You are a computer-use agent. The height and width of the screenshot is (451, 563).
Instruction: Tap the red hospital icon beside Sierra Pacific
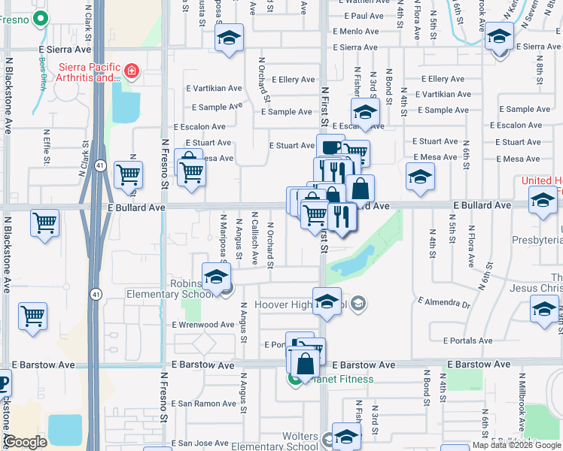tap(132, 72)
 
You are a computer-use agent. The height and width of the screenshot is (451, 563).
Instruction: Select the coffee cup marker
tap(330, 146)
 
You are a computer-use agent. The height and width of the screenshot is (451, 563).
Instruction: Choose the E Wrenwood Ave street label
tap(203, 325)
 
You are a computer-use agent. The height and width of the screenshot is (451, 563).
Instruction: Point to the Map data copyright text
tap(517, 445)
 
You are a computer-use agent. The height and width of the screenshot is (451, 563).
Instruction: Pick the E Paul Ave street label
tap(364, 16)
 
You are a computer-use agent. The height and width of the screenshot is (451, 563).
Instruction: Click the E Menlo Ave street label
tap(364, 32)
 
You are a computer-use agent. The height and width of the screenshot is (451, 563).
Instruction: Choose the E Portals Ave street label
tap(467, 341)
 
